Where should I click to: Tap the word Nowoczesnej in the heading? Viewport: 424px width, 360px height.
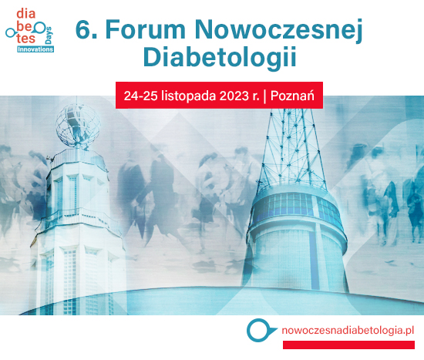pyautogui.click(x=278, y=31)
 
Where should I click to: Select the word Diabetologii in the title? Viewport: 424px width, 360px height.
pyautogui.click(x=220, y=58)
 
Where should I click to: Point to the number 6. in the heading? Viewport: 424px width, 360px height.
pyautogui.click(x=86, y=29)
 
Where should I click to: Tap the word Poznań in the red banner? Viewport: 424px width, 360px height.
pyautogui.click(x=292, y=96)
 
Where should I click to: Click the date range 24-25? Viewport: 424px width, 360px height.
pyautogui.click(x=140, y=96)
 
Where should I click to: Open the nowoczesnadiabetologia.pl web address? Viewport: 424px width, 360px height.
pyautogui.click(x=348, y=331)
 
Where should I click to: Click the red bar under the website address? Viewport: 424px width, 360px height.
pyautogui.click(x=348, y=345)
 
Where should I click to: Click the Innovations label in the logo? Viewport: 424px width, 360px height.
pyautogui.click(x=35, y=49)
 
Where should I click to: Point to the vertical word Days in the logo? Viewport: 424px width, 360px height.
pyautogui.click(x=49, y=35)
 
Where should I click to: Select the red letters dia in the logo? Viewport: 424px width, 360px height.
pyautogui.click(x=26, y=14)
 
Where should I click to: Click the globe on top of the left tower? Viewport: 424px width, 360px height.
pyautogui.click(x=78, y=126)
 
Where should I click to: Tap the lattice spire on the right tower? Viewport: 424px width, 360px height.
pyautogui.click(x=291, y=149)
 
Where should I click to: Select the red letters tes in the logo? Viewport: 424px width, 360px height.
pyautogui.click(x=26, y=39)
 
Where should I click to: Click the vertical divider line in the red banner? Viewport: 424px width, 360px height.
pyautogui.click(x=264, y=96)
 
